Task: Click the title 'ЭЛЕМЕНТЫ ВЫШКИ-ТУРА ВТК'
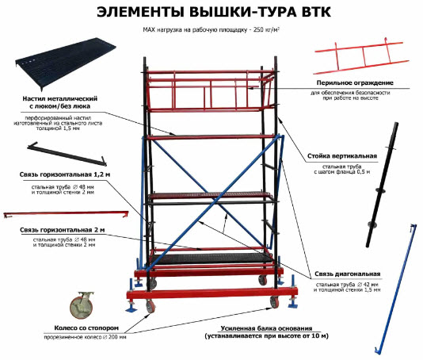[214, 12]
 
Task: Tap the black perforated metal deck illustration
[66, 63]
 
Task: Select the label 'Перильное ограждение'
[355, 82]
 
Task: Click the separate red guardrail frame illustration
[361, 57]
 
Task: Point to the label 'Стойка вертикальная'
[342, 156]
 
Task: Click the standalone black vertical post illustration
[382, 185]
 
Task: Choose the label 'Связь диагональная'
[348, 274]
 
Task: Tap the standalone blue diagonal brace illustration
[395, 289]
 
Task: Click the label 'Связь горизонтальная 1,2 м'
[65, 174]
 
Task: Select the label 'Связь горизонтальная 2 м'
[63, 230]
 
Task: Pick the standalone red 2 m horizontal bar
[66, 214]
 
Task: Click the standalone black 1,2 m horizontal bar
[67, 154]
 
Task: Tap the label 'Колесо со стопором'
[86, 327]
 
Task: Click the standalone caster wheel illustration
[82, 305]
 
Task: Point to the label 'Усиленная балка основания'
[266, 328]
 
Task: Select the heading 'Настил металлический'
[60, 98]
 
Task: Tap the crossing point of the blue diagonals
[213, 200]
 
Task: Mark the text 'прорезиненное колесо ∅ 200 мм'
[85, 337]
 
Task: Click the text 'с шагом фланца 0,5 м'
[341, 172]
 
